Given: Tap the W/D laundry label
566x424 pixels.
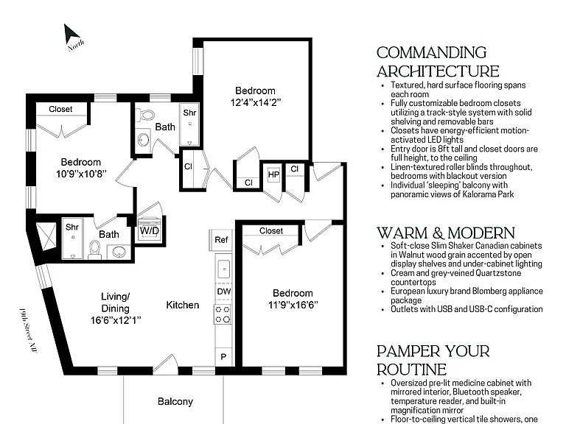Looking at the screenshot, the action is click(x=150, y=230).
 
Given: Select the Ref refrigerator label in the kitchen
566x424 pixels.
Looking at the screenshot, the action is click(x=221, y=240).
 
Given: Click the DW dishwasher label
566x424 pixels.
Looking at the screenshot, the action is click(x=224, y=291).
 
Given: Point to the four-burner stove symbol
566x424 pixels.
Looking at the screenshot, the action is click(x=223, y=314).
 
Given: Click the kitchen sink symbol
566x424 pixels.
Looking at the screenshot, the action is click(x=224, y=269).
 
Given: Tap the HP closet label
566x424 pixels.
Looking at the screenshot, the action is click(x=273, y=175).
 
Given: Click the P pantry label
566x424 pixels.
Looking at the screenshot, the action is click(x=223, y=356).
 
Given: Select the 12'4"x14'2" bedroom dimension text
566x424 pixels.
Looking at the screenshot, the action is click(x=256, y=102).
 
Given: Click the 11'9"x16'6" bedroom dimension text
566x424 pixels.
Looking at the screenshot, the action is click(x=293, y=305).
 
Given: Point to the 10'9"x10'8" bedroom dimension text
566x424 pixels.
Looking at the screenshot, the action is click(x=81, y=174).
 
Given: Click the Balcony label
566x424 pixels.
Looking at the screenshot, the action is click(x=175, y=401).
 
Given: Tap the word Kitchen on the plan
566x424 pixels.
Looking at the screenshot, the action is click(x=183, y=305).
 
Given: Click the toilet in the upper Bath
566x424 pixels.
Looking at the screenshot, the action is click(x=146, y=115).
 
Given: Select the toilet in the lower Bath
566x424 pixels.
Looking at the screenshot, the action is click(x=94, y=248).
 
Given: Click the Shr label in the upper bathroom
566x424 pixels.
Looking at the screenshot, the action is click(x=189, y=113).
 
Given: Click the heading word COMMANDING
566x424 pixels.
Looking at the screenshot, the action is click(x=432, y=53).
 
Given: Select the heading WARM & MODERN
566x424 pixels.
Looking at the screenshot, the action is click(x=446, y=233).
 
